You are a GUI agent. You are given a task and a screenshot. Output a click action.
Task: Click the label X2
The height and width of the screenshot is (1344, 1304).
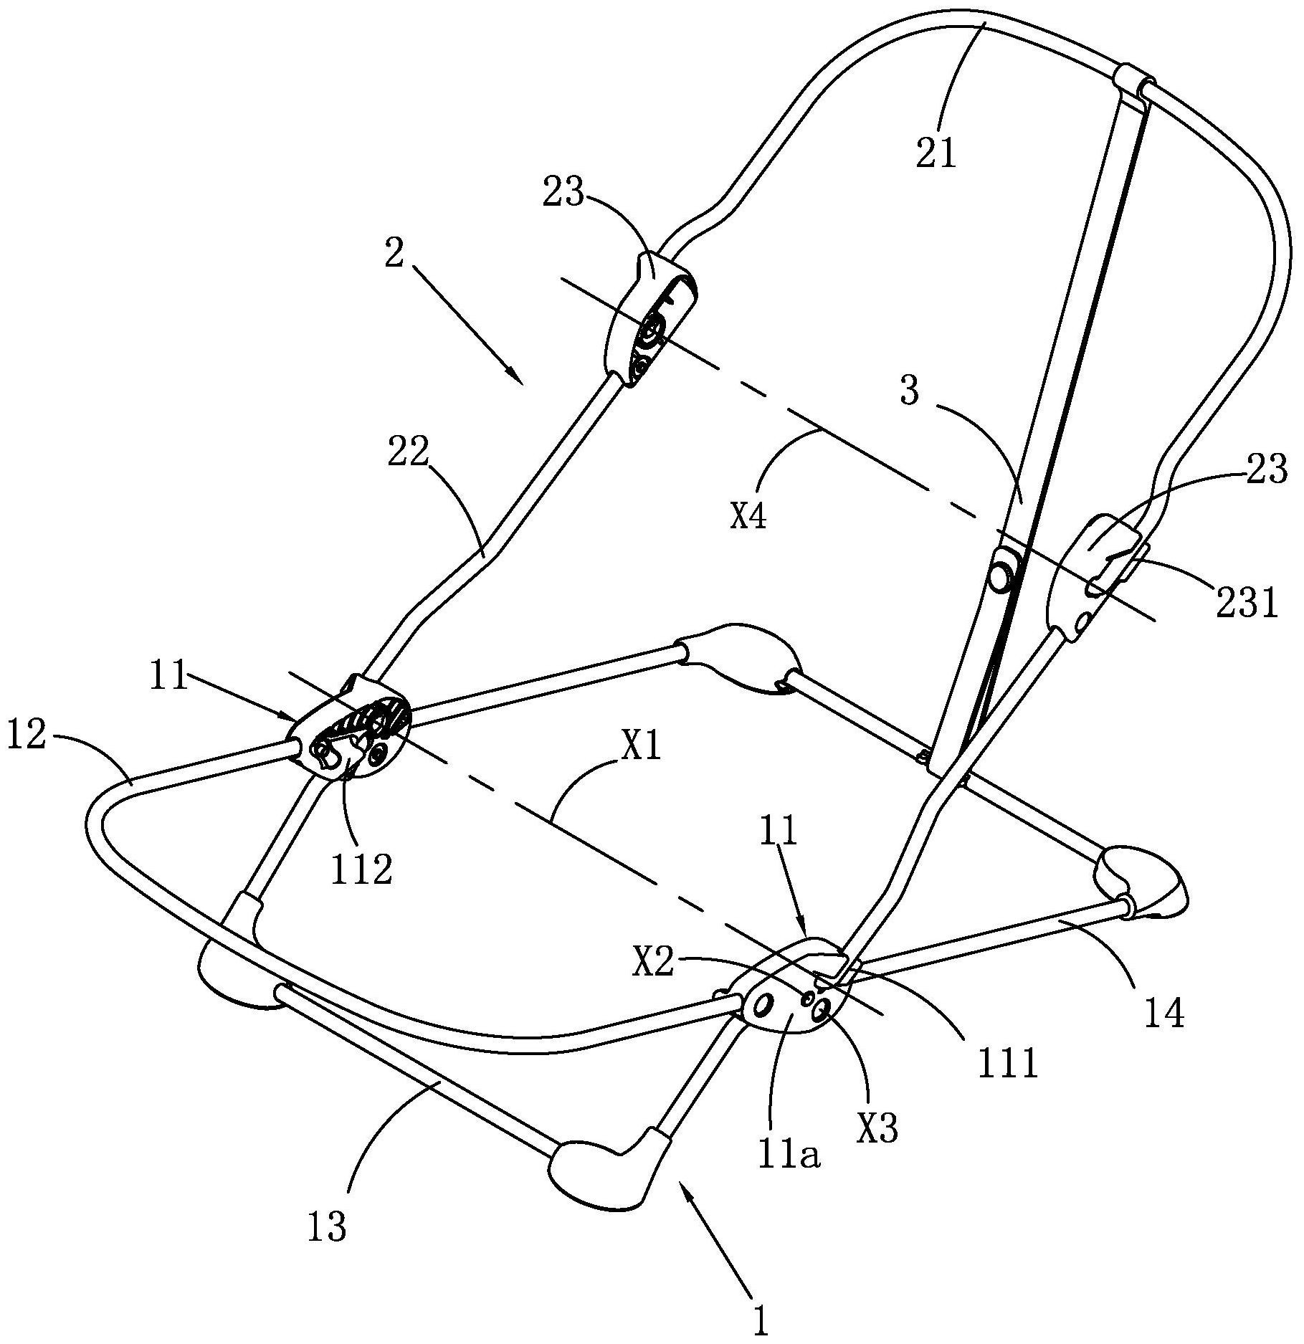653,965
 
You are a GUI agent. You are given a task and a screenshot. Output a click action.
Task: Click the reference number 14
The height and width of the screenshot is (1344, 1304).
1163,1014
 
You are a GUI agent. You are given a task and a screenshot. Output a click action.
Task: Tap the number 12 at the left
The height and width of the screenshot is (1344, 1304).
27,738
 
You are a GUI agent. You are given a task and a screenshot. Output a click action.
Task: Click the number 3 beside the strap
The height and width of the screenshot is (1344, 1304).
909,392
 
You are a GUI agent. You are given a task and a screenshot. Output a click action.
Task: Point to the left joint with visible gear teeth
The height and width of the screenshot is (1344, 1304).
350,733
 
